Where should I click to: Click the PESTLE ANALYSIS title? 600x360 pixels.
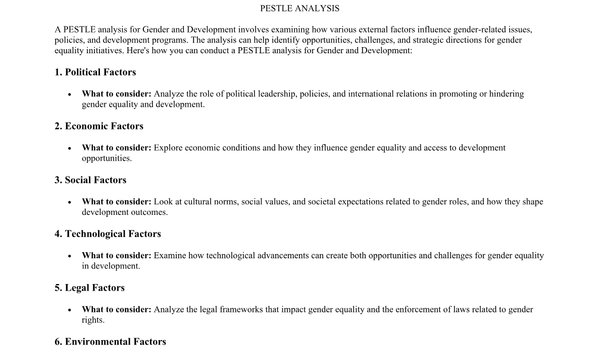(300, 8)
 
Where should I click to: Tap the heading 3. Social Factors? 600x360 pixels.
(90, 180)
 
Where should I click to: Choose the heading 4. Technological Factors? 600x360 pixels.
(107, 234)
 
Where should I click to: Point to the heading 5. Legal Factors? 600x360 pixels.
(89, 288)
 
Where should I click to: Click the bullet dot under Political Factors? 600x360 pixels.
(69, 93)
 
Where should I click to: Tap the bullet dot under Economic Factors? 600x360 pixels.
(69, 147)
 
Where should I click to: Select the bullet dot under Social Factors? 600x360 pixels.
(69, 201)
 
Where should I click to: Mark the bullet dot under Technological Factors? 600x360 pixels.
(69, 255)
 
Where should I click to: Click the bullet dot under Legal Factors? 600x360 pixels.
(69, 309)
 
